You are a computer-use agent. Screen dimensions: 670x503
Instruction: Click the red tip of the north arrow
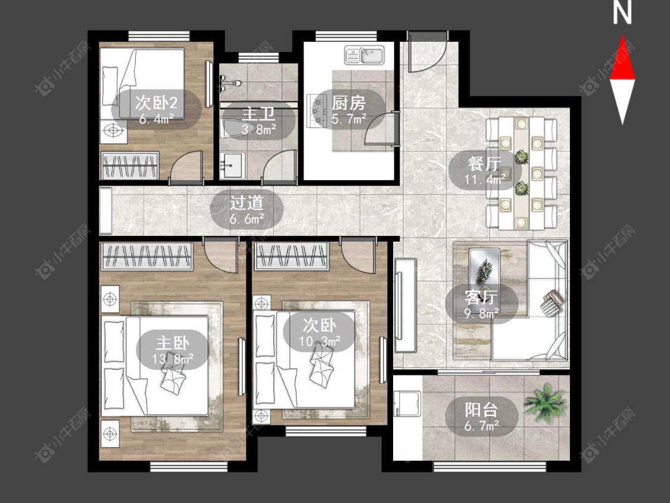pyautogui.click(x=622, y=36)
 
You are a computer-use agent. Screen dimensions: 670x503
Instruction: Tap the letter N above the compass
pyautogui.click(x=622, y=13)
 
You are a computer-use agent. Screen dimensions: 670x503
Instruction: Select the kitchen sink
pyautogui.click(x=364, y=56)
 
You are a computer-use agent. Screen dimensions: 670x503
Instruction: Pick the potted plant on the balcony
pyautogui.click(x=544, y=403)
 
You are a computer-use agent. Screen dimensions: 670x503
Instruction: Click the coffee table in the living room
pyautogui.click(x=484, y=266)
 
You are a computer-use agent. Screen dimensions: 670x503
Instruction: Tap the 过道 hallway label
pyautogui.click(x=247, y=203)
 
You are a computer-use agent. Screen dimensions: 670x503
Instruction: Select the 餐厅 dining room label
pyautogui.click(x=484, y=163)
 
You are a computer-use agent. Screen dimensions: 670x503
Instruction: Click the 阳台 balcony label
pyautogui.click(x=481, y=410)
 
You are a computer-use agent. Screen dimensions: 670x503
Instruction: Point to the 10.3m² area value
pyautogui.click(x=320, y=341)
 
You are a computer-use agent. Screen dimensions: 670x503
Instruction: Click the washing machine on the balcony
pyautogui.click(x=407, y=403)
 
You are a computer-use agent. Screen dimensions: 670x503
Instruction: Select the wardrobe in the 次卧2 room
pyautogui.click(x=130, y=166)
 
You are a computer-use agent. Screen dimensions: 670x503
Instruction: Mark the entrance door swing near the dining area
pyautogui.click(x=427, y=52)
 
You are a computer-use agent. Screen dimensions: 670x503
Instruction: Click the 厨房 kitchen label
pyautogui.click(x=348, y=103)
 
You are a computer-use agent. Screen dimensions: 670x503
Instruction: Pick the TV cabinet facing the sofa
pyautogui.click(x=405, y=305)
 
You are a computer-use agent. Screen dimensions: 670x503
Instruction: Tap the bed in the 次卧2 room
pyautogui.click(x=143, y=83)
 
